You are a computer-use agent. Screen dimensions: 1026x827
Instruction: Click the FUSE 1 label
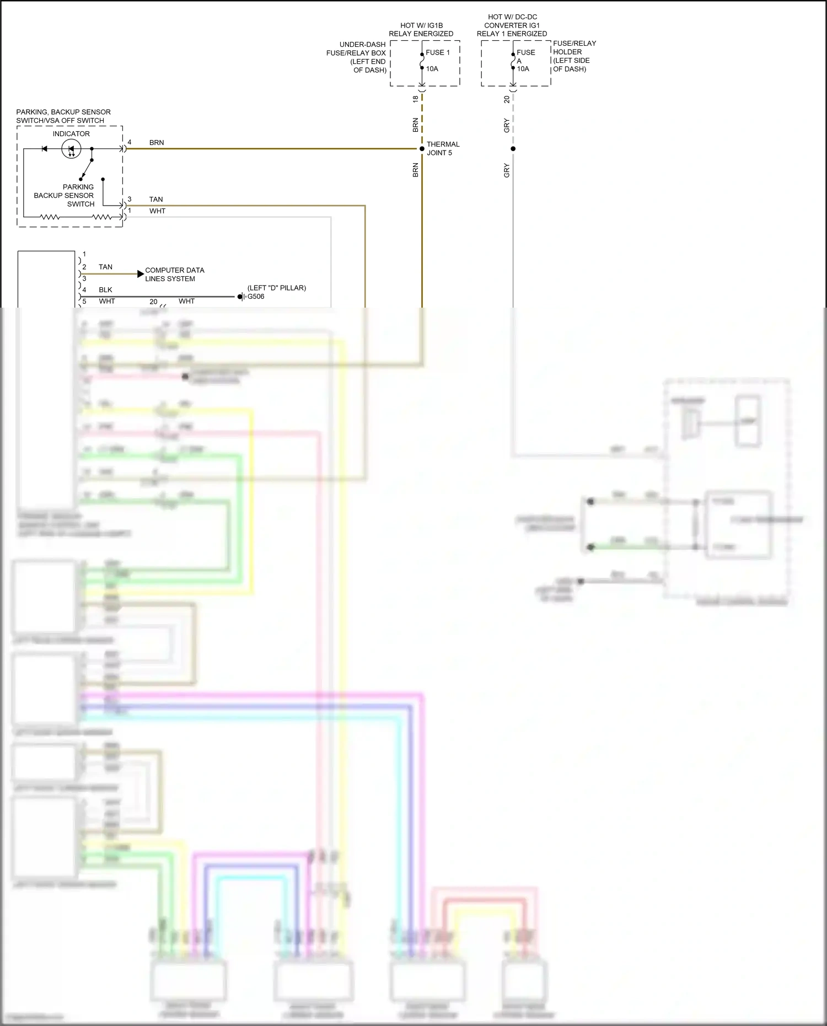point(437,52)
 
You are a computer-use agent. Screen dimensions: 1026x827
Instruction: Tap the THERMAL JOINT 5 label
point(443,148)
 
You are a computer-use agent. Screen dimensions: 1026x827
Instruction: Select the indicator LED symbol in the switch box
point(71,149)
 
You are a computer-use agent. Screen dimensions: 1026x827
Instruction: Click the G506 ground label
point(256,297)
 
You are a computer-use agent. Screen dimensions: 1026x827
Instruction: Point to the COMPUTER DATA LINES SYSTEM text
point(174,275)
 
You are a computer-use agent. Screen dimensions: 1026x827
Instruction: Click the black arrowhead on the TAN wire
point(141,273)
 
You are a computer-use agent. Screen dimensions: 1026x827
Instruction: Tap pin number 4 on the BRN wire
point(130,142)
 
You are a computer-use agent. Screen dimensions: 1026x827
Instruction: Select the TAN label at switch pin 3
point(156,200)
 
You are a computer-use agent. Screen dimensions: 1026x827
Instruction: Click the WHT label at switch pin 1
point(157,211)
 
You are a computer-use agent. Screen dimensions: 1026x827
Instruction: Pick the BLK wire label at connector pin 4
point(105,290)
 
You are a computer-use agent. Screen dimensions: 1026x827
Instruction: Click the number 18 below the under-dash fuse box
point(416,99)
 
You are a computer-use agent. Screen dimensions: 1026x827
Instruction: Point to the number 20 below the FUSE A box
point(507,99)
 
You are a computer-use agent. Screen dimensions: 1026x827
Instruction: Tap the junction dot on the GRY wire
point(513,149)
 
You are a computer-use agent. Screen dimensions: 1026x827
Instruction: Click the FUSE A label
point(525,56)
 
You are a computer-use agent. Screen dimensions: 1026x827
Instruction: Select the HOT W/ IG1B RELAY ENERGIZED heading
point(421,30)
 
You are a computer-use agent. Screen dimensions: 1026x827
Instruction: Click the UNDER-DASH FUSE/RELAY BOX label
point(357,57)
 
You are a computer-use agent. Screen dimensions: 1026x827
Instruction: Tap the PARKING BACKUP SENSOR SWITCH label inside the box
point(65,195)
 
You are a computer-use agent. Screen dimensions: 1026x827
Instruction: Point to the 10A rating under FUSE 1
point(432,69)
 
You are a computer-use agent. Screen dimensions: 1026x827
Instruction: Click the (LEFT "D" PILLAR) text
point(276,288)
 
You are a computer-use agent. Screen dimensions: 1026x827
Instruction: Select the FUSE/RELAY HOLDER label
point(574,56)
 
